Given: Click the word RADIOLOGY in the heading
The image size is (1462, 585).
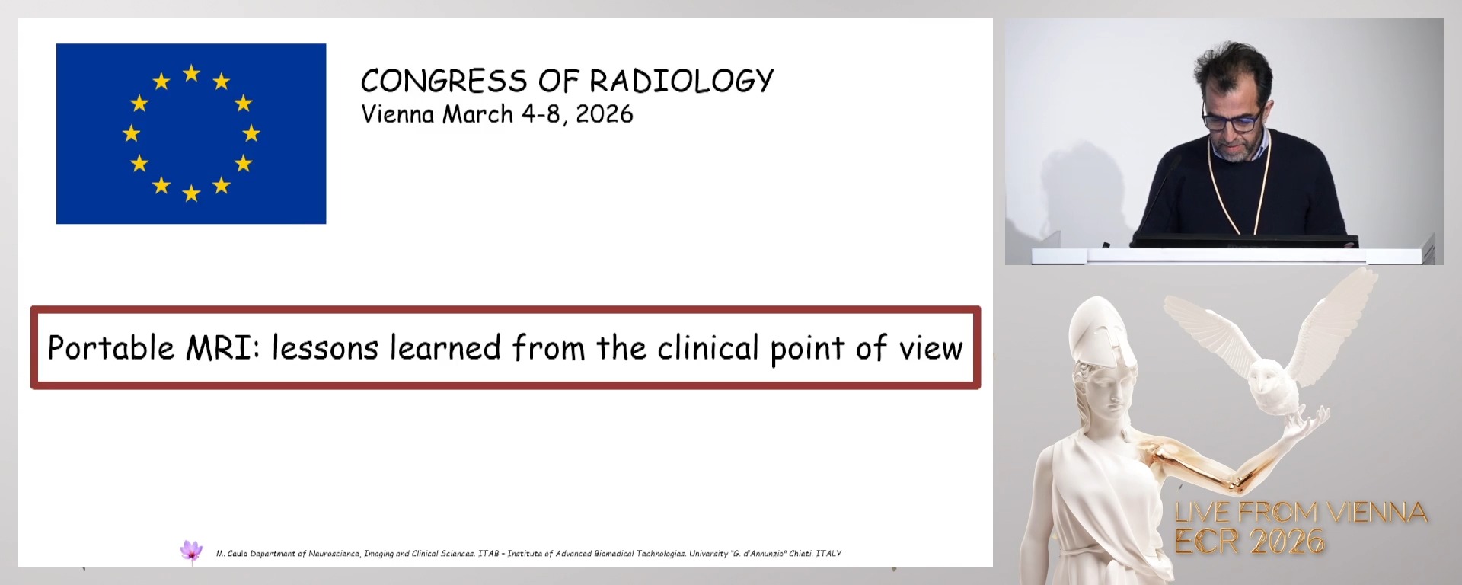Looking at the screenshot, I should click(682, 81).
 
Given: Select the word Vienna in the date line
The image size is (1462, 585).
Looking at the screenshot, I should click(397, 114).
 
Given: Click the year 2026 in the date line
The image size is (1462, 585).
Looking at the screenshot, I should click(605, 114).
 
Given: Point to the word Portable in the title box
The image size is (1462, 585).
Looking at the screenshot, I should click(111, 348).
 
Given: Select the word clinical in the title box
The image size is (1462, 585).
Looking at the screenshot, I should click(708, 348).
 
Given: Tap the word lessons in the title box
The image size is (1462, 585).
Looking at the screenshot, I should click(325, 348).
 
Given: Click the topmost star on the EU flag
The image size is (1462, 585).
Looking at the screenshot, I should click(191, 73).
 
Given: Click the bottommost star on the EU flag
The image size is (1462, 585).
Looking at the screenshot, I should click(191, 193).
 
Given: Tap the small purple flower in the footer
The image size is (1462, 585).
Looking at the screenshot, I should click(191, 550).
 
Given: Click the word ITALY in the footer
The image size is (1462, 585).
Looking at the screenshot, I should click(828, 554).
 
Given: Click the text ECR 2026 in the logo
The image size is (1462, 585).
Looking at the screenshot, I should click(1250, 542).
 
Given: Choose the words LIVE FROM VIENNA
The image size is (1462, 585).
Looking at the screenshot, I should click(1301, 513).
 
